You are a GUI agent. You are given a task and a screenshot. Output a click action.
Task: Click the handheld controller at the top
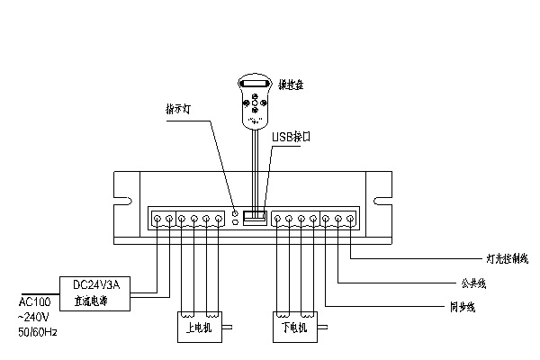click(254, 102)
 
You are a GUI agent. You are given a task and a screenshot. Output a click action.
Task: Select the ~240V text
click(35, 318)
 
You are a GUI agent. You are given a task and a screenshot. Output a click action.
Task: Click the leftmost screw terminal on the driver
click(157, 219)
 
